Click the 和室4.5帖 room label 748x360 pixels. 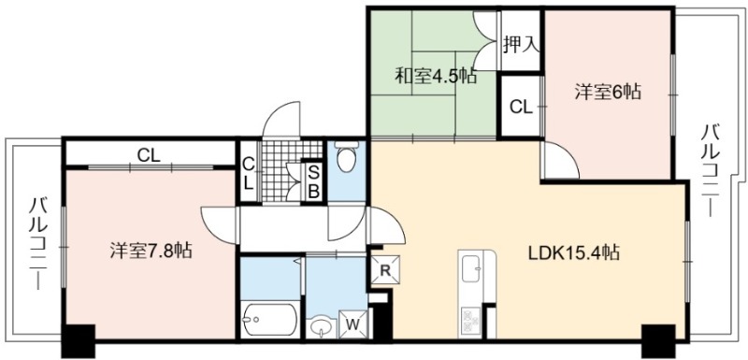(x=436, y=77)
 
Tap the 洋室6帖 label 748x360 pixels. (x=607, y=92)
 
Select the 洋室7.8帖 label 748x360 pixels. (x=151, y=251)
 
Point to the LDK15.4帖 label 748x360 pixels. (x=573, y=252)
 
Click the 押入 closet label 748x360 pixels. (x=521, y=46)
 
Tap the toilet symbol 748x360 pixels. (x=345, y=156)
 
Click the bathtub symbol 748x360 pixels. (x=270, y=321)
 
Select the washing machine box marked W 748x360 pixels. (x=352, y=324)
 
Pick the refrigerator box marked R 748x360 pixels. (x=385, y=270)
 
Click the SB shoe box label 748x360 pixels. (x=313, y=181)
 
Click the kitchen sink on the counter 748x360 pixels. (x=471, y=268)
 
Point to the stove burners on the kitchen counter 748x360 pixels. (x=471, y=321)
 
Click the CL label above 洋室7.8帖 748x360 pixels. (x=149, y=155)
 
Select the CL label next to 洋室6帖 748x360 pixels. (x=521, y=108)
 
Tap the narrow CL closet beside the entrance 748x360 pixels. (x=248, y=173)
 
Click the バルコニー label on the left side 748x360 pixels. (x=37, y=244)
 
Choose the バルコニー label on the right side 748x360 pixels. (x=710, y=170)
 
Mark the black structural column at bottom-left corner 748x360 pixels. (x=79, y=340)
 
